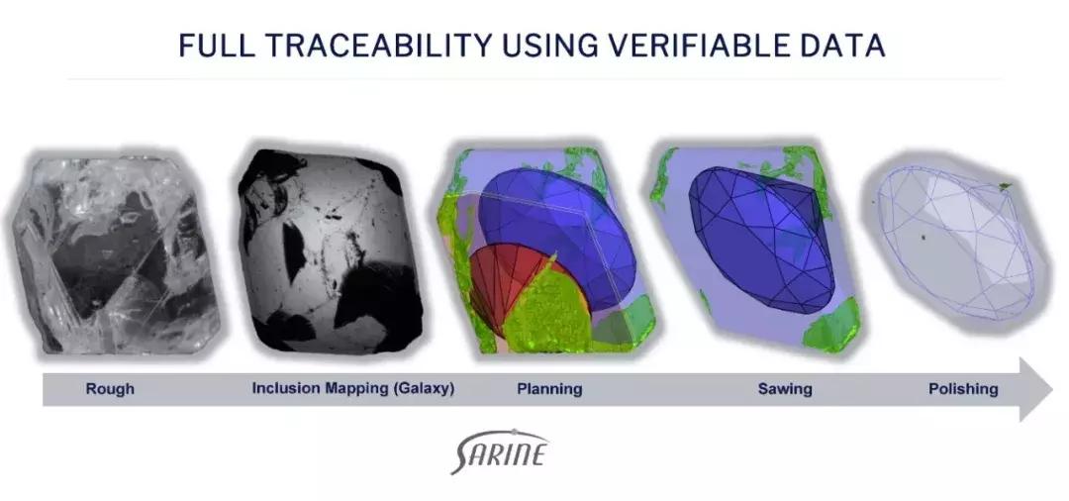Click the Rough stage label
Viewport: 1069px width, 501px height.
[110, 389]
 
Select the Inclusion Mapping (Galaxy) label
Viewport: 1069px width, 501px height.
[353, 388]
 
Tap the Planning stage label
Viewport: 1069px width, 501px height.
[549, 389]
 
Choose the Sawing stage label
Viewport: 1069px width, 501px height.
[785, 389]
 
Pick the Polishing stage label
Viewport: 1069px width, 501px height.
[963, 389]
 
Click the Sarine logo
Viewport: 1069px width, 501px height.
[499, 451]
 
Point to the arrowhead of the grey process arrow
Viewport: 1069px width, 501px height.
[1035, 389]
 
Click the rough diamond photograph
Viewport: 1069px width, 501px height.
[116, 253]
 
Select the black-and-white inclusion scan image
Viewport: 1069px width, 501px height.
[331, 250]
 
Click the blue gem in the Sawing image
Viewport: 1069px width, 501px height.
[762, 240]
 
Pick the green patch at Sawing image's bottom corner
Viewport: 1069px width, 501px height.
[831, 325]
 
